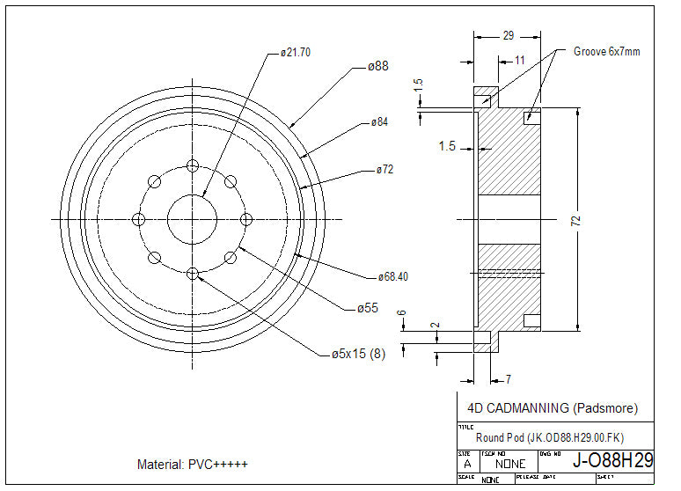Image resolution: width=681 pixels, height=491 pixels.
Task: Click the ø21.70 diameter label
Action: pos(295,52)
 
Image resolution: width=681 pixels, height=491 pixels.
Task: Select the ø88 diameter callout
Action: pos(378,66)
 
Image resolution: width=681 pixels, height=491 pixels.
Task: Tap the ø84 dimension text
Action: pos(379,121)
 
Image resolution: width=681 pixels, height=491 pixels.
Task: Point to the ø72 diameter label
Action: pos(384,169)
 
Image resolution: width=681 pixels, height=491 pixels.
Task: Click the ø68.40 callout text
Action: pos(393,276)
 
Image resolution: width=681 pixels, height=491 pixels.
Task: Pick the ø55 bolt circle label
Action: pos(368,308)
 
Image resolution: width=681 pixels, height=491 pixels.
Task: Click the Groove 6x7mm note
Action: pos(606,52)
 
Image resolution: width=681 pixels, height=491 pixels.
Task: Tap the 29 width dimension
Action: pos(509,36)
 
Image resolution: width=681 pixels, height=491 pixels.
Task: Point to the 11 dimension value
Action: pos(520,60)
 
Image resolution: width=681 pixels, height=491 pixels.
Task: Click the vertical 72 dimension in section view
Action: pos(576,220)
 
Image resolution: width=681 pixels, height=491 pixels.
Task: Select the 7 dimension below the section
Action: pos(508,379)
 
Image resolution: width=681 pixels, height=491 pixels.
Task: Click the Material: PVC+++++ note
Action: pos(193,464)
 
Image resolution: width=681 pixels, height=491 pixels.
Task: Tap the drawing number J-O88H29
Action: pos(612,459)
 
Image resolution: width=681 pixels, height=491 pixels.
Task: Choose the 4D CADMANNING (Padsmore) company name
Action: pos(552,408)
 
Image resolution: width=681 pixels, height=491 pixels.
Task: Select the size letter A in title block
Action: pos(466,462)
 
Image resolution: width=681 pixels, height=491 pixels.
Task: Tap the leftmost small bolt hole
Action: pos(137,219)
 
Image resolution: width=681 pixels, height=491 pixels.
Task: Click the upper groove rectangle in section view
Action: pos(531,116)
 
